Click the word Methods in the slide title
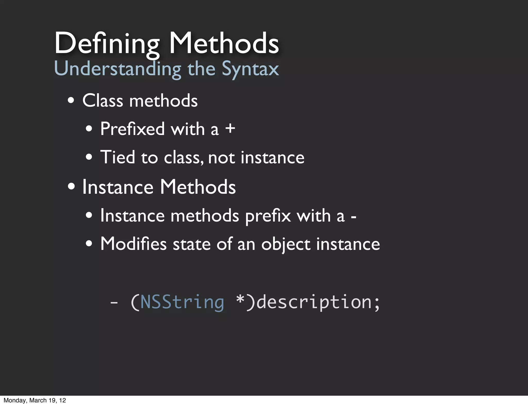[x=224, y=43]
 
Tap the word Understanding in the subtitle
[x=118, y=69]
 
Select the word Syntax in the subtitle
[x=250, y=69]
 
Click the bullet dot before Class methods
[x=71, y=100]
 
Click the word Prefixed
[x=132, y=129]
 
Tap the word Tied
[x=118, y=157]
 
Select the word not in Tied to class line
[x=221, y=158]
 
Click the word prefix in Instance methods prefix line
[x=268, y=216]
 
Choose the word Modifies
[x=133, y=244]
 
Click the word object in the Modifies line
[x=286, y=244]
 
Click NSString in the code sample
[x=182, y=302]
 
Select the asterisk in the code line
[x=240, y=299]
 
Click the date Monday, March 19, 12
[x=35, y=400]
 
